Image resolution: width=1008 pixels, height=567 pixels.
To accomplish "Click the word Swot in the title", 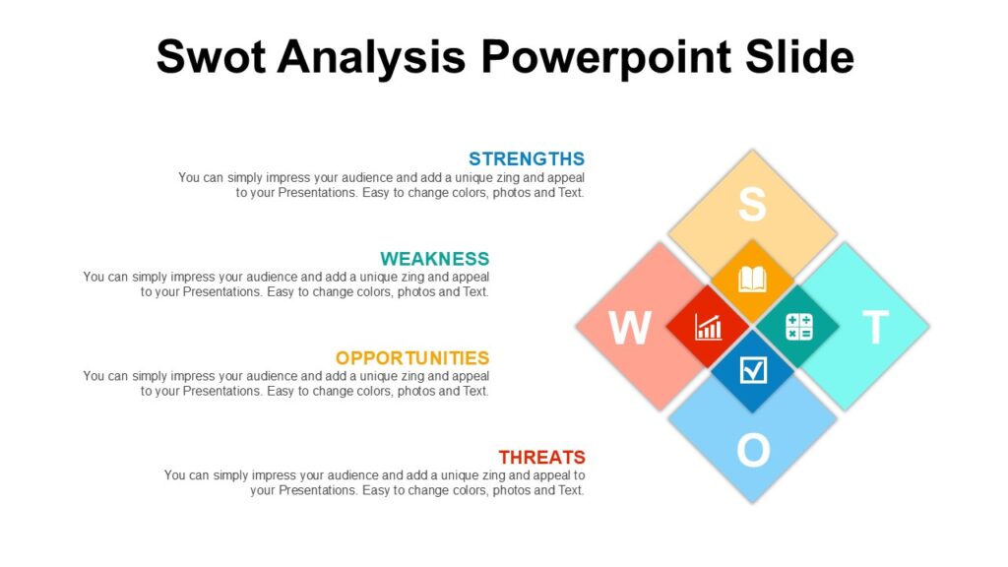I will [211, 56].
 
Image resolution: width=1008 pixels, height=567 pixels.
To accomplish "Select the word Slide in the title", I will [799, 56].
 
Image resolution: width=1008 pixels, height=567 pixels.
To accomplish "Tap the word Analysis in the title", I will [371, 56].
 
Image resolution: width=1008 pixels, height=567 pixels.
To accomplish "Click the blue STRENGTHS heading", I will [527, 158].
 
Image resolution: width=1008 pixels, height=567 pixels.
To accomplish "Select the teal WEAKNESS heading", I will [434, 259].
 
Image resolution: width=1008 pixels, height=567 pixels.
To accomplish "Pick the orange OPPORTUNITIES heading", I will [411, 358].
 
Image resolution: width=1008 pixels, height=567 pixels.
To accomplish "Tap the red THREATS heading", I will [541, 458].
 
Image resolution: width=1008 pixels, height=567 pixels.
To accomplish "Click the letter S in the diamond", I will [752, 205].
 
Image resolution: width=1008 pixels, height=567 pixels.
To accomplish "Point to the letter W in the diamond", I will [629, 328].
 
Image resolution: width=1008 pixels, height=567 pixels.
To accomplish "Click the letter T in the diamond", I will [875, 328].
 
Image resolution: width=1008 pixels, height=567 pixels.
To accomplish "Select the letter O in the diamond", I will [752, 451].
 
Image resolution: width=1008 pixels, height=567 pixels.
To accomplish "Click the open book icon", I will [752, 280].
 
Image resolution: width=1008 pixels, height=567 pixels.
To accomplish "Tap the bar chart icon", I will [708, 327].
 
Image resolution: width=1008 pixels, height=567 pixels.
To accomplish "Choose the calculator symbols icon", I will [798, 327].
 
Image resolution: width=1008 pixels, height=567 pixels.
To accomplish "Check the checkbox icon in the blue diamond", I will [752, 370].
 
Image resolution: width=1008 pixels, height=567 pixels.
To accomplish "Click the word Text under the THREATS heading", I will [571, 490].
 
